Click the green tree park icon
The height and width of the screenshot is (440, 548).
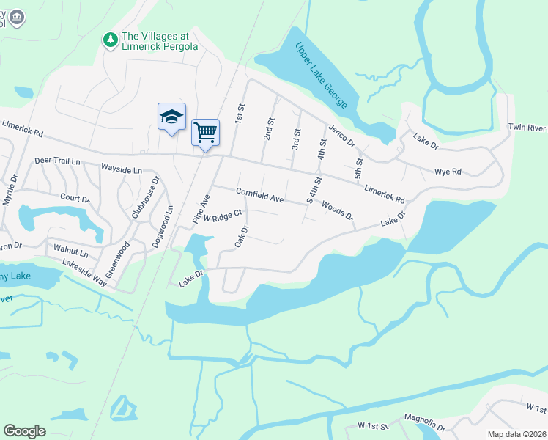pyautogui.click(x=110, y=40)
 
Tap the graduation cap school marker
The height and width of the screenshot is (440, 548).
pyautogui.click(x=171, y=117)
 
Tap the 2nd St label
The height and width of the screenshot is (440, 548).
pyautogui.click(x=269, y=129)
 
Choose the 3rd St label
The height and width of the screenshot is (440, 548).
pyautogui.click(x=297, y=139)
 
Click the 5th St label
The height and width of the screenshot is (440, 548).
pyautogui.click(x=359, y=168)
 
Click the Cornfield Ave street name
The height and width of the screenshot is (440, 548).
pyautogui.click(x=259, y=195)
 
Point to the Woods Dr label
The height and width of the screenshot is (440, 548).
pyautogui.click(x=337, y=211)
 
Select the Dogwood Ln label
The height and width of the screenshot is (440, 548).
pyautogui.click(x=163, y=228)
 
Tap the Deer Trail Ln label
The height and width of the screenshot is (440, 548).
pyautogui.click(x=57, y=161)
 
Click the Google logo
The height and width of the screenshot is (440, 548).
pyautogui.click(x=24, y=431)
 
